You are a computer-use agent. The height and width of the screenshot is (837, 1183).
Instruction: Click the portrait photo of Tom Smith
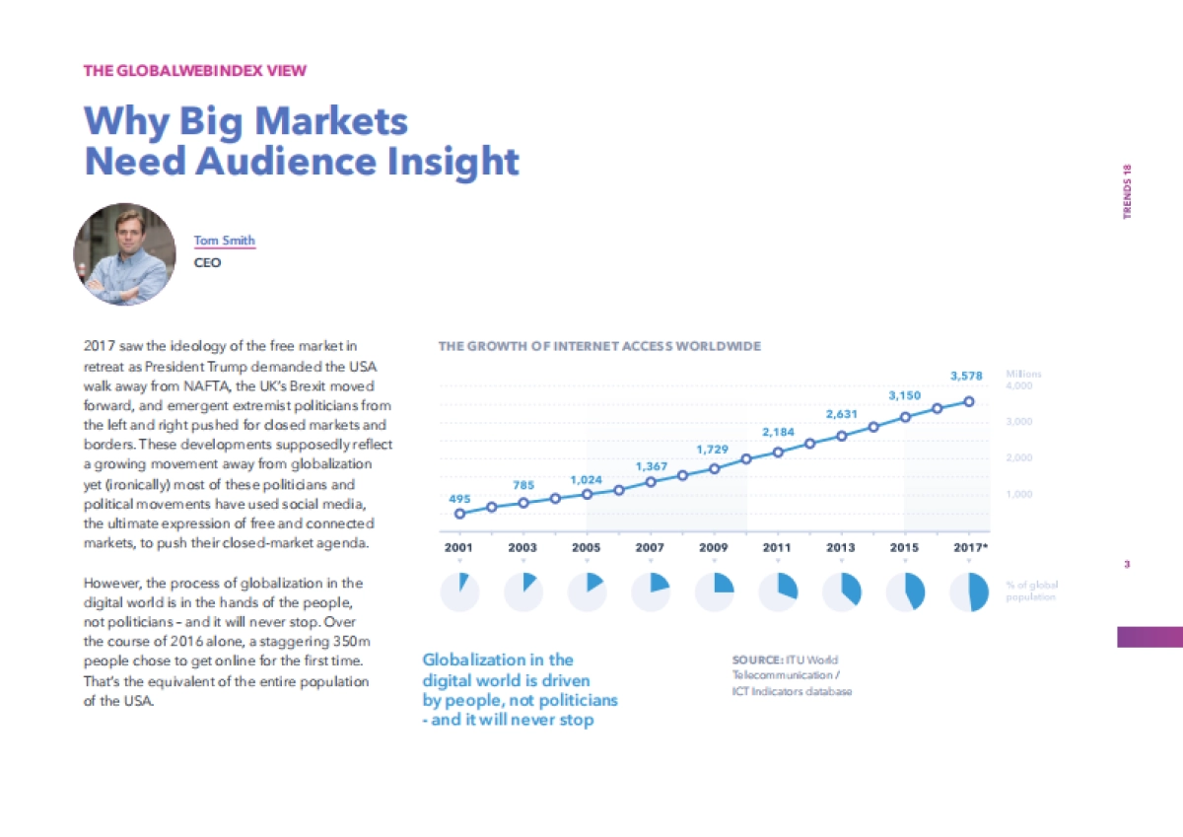pos(124,254)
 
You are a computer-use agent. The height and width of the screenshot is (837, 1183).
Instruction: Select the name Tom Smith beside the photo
pos(224,241)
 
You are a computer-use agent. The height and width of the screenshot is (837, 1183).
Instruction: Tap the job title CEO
pos(207,263)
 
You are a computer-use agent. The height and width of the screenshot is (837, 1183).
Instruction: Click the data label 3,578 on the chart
pos(966,376)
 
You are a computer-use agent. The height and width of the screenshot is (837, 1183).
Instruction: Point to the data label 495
pos(459,499)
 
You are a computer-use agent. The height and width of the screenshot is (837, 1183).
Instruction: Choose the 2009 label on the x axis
pos(713,545)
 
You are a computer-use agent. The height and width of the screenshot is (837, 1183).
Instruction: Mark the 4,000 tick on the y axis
pos(1019,386)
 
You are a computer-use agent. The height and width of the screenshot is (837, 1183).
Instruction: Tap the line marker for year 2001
pos(459,514)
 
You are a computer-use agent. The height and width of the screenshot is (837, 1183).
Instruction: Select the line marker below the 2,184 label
pos(778,452)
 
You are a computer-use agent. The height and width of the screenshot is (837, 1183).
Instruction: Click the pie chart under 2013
pos(842,592)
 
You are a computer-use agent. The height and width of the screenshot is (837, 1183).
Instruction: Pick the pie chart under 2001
pos(459,592)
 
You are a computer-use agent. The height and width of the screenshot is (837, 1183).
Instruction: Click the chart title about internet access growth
pos(599,346)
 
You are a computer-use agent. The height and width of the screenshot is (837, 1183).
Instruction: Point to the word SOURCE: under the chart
pos(757,660)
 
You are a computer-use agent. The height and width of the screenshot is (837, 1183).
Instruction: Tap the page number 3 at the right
pos(1126,565)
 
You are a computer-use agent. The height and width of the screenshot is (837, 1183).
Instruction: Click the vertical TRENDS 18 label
pos(1128,191)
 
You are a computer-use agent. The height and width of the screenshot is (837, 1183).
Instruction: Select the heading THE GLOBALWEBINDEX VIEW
pos(195,70)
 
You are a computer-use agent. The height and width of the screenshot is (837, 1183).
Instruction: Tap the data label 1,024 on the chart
pos(587,479)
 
